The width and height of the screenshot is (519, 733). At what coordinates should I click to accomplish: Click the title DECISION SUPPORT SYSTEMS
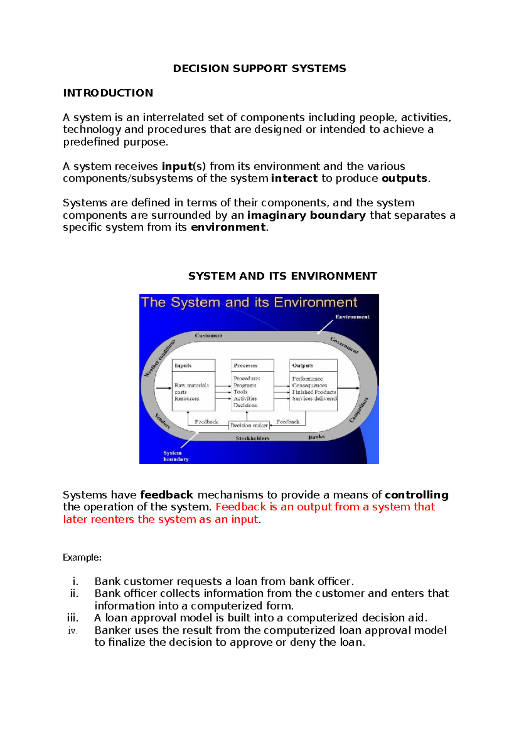(x=259, y=69)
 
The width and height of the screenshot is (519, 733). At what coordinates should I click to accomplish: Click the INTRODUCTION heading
(x=108, y=93)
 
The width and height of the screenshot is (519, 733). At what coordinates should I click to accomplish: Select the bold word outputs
(x=404, y=178)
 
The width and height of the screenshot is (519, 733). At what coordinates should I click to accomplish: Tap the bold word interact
(x=294, y=178)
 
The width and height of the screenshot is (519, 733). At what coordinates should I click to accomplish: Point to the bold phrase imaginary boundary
(x=306, y=215)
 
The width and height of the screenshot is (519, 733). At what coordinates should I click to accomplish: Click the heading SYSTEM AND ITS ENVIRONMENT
(x=282, y=276)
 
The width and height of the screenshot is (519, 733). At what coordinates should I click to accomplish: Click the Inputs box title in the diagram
(x=183, y=366)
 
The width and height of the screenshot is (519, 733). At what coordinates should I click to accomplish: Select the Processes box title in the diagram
(x=245, y=366)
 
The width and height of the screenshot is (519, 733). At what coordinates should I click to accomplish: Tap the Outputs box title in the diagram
(x=302, y=366)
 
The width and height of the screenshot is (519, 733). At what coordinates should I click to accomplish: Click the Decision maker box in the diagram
(x=249, y=425)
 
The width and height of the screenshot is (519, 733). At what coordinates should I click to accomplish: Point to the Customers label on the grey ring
(x=208, y=335)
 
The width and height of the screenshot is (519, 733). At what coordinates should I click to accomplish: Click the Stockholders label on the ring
(x=252, y=438)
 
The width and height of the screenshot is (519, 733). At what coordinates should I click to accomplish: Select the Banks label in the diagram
(x=316, y=437)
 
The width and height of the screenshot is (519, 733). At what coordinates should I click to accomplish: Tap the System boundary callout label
(x=176, y=456)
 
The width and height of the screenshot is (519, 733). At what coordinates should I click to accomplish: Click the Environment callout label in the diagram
(x=352, y=317)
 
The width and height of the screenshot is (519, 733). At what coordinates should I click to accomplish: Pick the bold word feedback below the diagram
(x=167, y=495)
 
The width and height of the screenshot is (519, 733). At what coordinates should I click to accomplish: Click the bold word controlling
(x=416, y=495)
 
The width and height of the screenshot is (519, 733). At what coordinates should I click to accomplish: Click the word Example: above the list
(x=82, y=558)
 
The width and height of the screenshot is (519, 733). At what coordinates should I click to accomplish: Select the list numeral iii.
(x=73, y=618)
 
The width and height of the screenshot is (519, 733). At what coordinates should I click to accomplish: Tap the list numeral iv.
(x=73, y=631)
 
